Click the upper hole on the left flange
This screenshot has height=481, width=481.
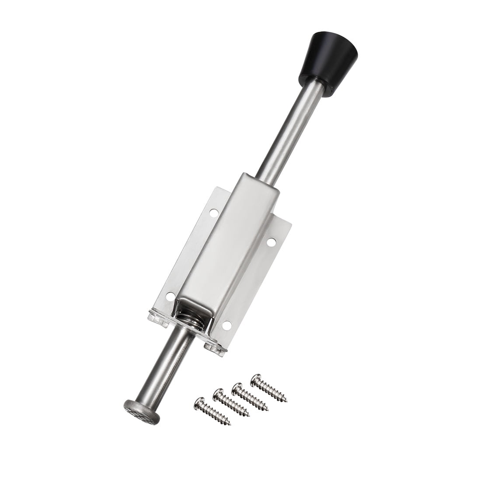pyautogui.click(x=213, y=213)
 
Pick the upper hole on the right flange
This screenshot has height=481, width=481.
pyautogui.click(x=271, y=241)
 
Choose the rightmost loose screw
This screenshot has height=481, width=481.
pyautogui.click(x=268, y=387)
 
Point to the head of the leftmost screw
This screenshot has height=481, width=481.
pyautogui.click(x=199, y=403)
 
